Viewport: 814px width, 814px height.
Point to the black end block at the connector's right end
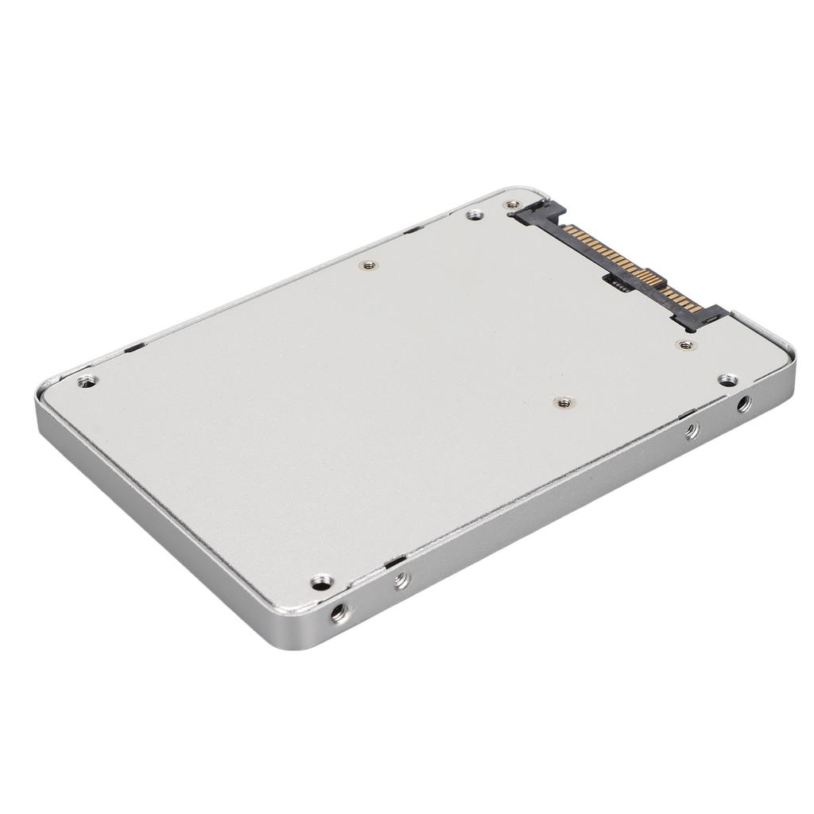point(704,317)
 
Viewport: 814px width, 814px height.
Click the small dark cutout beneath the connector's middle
point(619,285)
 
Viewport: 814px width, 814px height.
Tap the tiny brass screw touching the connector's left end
point(512,205)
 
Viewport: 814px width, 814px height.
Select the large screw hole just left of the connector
point(475,214)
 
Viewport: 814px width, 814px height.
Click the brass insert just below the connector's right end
point(685,345)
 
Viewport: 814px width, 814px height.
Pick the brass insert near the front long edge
point(564,402)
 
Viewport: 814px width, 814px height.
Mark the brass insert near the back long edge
point(366,265)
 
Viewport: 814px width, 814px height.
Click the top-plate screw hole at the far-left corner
point(87,381)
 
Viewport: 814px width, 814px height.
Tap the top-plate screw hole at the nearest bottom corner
point(320,583)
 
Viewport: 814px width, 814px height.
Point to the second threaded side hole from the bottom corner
point(401,580)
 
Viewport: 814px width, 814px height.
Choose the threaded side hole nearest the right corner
point(743,404)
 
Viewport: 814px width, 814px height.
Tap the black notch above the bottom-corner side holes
point(393,562)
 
